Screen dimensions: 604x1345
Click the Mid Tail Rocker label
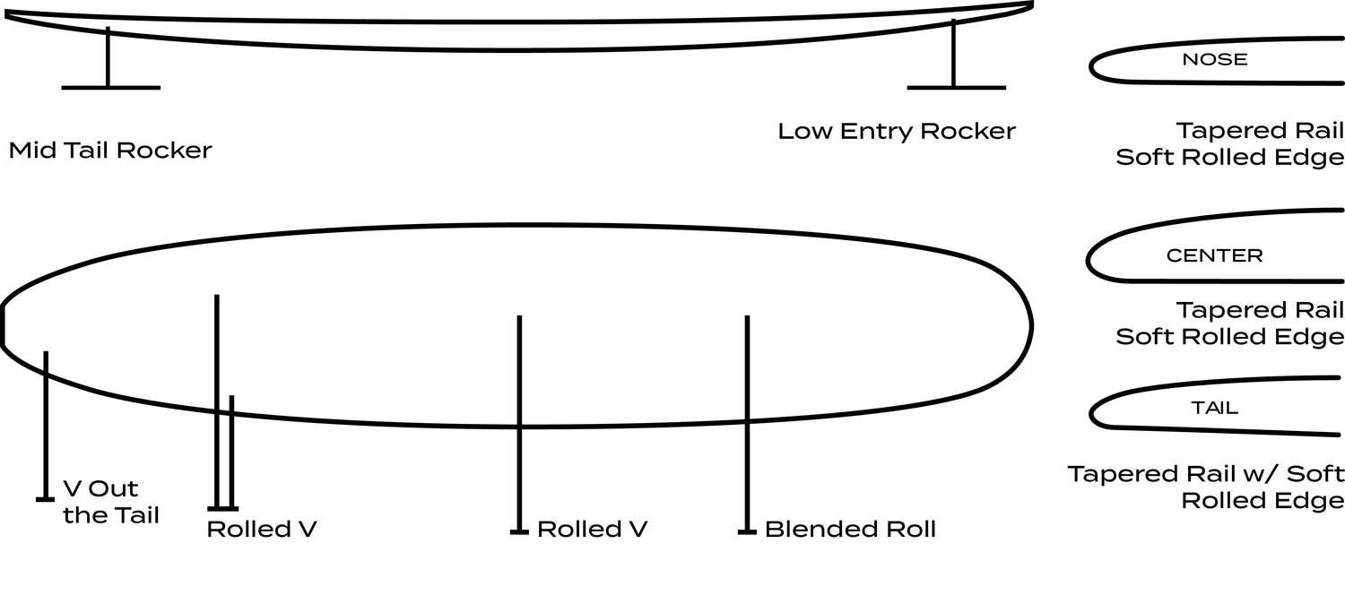[110, 150]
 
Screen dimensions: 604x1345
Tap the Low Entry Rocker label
[896, 132]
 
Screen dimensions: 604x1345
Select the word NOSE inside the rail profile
[1215, 60]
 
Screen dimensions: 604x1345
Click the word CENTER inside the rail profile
[1214, 255]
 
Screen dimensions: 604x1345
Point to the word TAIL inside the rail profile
[1214, 408]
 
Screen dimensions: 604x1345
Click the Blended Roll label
[849, 530]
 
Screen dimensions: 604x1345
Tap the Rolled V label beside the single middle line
[592, 530]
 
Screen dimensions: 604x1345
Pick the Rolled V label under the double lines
[261, 530]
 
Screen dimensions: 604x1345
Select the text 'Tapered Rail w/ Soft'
[1206, 473]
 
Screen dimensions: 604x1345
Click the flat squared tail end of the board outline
[3, 325]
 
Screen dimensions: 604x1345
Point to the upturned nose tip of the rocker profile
[1030, 5]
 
